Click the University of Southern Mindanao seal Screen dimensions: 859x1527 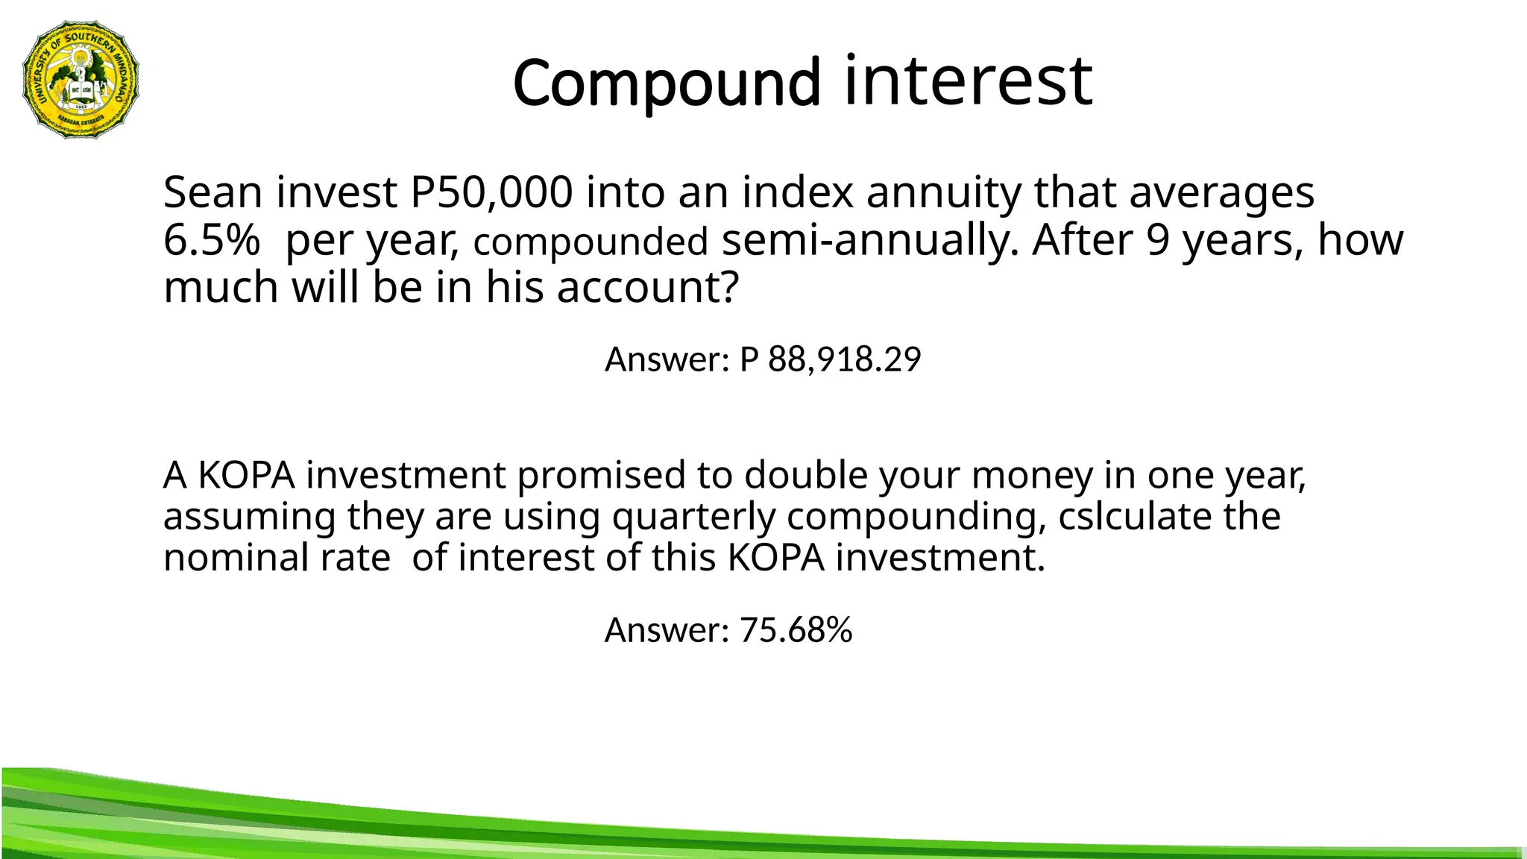pos(81,80)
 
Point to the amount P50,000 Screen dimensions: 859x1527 pos(491,192)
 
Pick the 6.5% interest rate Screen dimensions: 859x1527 pos(212,240)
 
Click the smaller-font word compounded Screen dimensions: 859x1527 pos(591,242)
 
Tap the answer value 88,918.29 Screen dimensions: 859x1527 pos(844,359)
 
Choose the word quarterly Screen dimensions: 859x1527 pos(693,517)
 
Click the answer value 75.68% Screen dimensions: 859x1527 pos(796,630)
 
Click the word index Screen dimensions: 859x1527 pos(797,192)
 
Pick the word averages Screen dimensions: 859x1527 pos(1221,192)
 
